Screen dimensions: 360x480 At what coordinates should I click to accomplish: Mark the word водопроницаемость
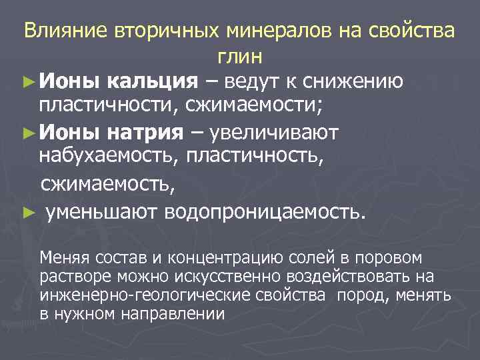(x=269, y=212)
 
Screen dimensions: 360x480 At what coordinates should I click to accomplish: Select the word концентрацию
(x=194, y=258)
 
